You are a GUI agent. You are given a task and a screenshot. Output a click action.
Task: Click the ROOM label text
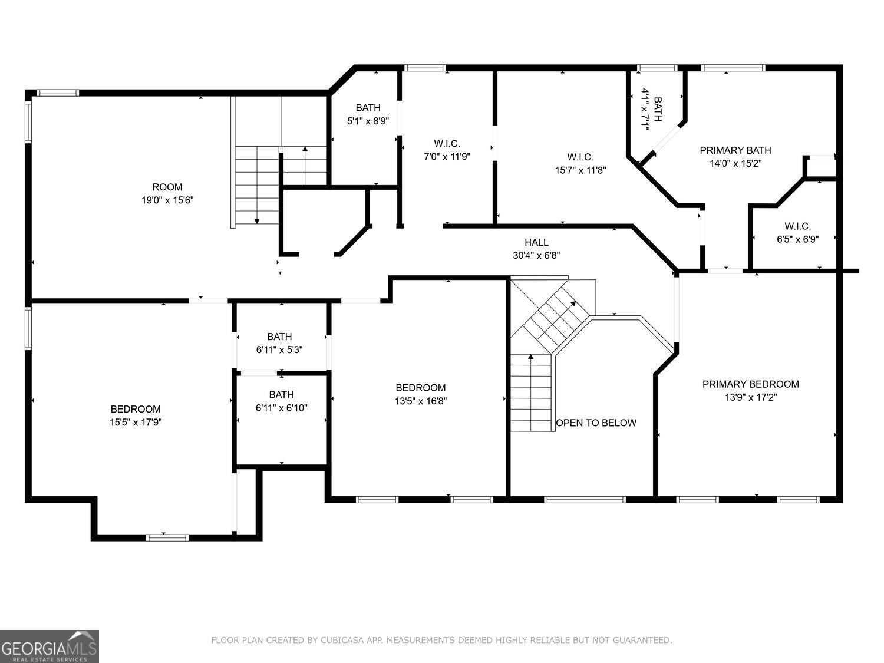tap(167, 187)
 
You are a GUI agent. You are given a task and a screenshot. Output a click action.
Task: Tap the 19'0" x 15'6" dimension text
tap(167, 200)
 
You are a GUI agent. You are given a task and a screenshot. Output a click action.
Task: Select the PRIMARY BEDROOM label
tap(750, 384)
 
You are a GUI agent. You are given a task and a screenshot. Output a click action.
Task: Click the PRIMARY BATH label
tap(735, 150)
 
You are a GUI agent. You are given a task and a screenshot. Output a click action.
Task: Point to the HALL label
tap(536, 242)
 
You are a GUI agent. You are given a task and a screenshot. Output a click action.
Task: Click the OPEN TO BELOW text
tap(596, 423)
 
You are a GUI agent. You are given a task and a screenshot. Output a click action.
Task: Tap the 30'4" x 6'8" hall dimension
tap(536, 255)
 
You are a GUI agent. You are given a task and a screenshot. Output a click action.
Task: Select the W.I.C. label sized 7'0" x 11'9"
tap(447, 143)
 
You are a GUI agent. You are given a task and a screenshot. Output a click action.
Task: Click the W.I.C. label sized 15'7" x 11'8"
tap(580, 157)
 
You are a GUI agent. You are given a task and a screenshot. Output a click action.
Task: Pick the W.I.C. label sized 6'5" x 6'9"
tap(797, 226)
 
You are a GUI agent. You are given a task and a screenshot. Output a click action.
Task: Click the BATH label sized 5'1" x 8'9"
tap(368, 108)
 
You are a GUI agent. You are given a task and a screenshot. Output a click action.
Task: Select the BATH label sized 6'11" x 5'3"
tap(279, 337)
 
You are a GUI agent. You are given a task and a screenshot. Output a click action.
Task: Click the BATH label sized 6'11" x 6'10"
tap(281, 394)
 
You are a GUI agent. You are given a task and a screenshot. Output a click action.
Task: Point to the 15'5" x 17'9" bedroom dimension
tap(136, 422)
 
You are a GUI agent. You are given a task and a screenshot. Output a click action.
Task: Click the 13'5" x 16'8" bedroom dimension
tap(420, 401)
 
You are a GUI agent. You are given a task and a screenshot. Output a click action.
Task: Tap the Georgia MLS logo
tap(50, 646)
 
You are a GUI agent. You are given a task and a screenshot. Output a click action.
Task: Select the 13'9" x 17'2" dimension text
tap(750, 397)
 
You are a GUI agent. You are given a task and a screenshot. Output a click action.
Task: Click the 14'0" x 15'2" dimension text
tap(735, 163)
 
